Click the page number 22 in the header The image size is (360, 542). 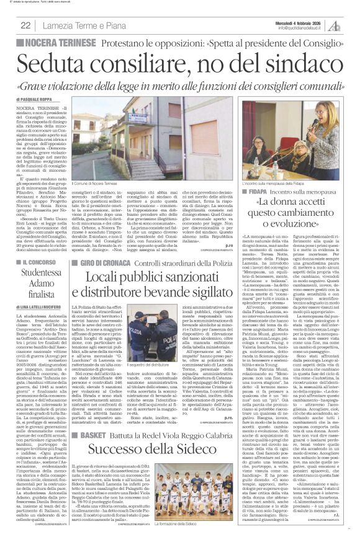[x=26, y=25]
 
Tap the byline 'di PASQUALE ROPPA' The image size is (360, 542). [x=38, y=99]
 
